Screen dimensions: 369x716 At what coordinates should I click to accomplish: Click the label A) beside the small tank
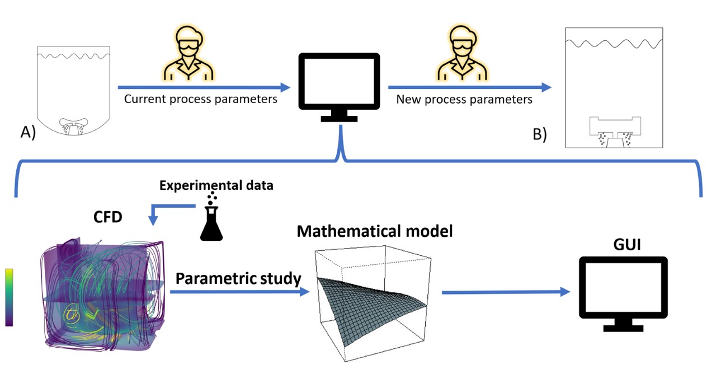tap(28, 133)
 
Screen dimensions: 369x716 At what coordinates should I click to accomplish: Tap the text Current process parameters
tap(201, 100)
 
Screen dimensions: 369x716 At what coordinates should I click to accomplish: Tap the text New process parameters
tap(464, 100)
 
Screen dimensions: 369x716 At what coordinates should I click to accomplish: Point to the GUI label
tap(623, 245)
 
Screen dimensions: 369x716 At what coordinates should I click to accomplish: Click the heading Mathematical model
tap(374, 231)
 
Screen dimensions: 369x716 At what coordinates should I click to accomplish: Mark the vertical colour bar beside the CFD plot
tap(9, 297)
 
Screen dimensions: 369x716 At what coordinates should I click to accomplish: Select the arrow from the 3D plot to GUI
tap(506, 292)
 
